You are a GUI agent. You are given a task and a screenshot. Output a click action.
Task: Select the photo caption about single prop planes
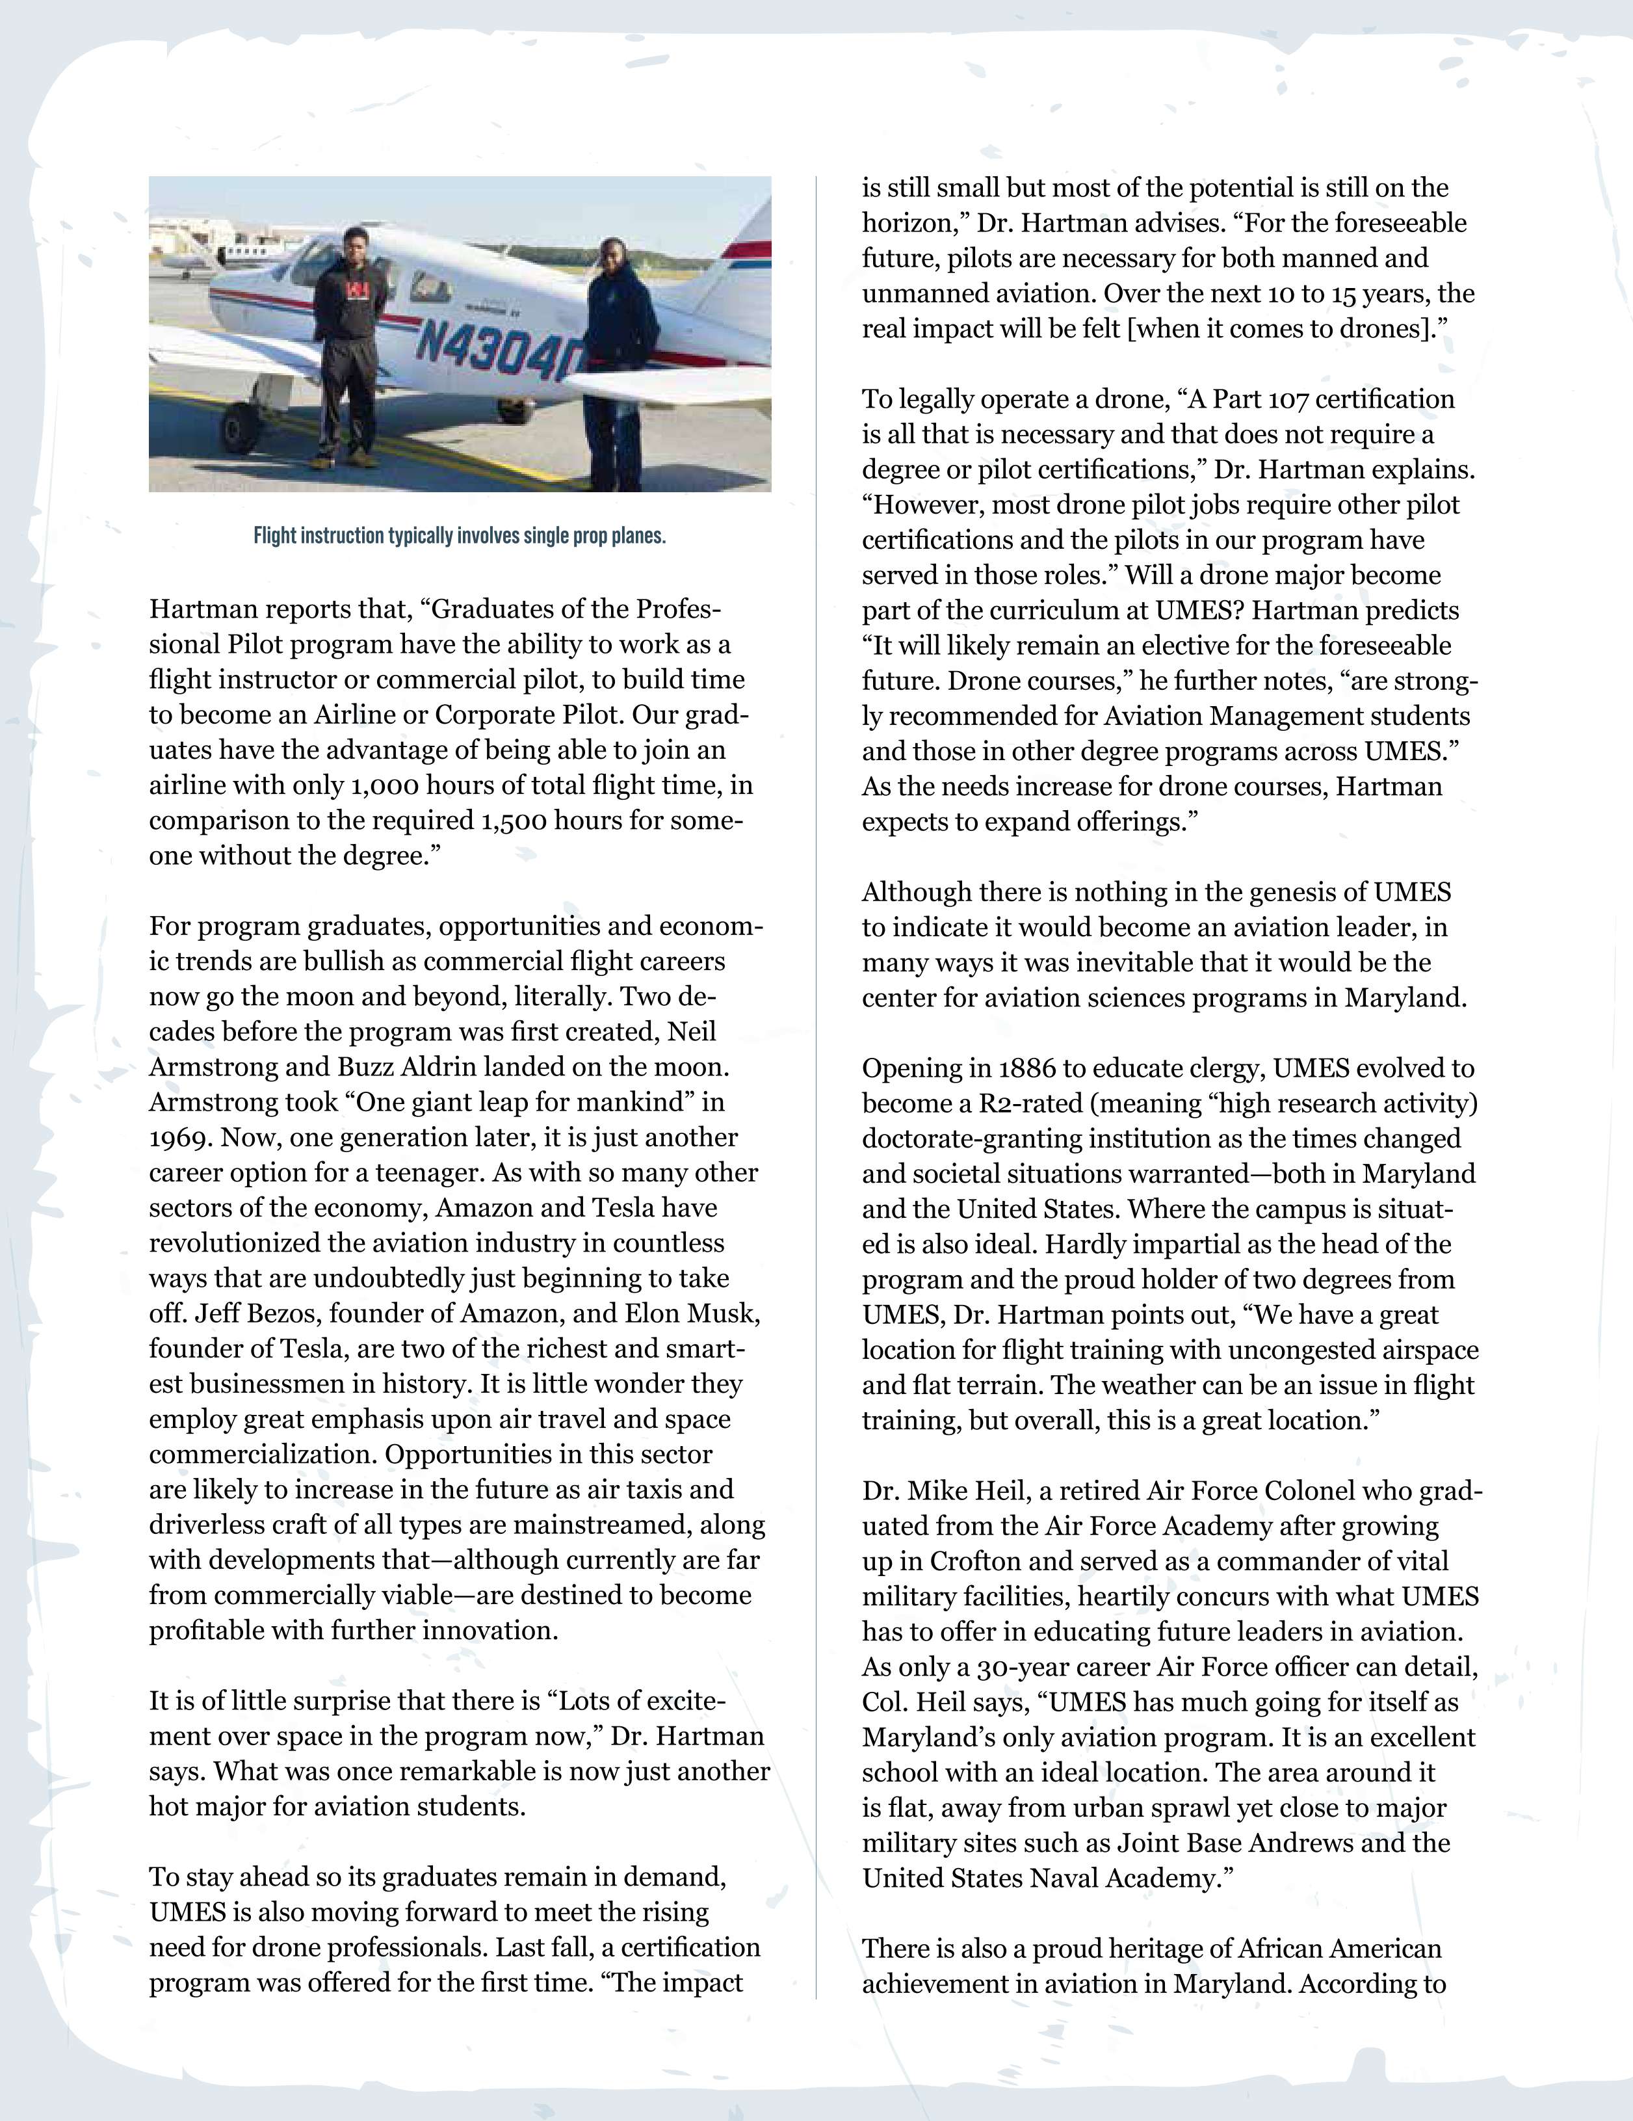459,536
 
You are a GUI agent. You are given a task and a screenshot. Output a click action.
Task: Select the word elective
1236,646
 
